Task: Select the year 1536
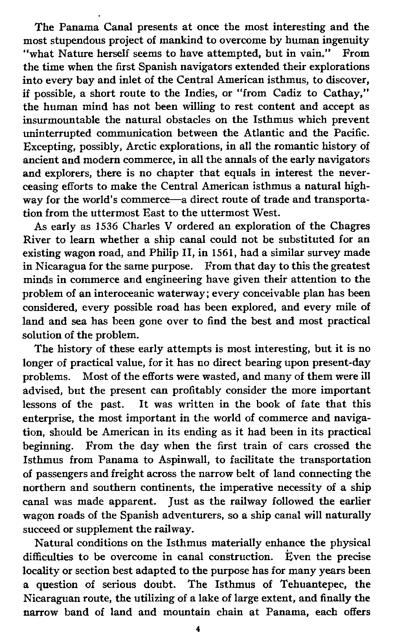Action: pos(108,226)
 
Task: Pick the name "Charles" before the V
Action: pos(139,226)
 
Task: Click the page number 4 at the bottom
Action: pos(198,629)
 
